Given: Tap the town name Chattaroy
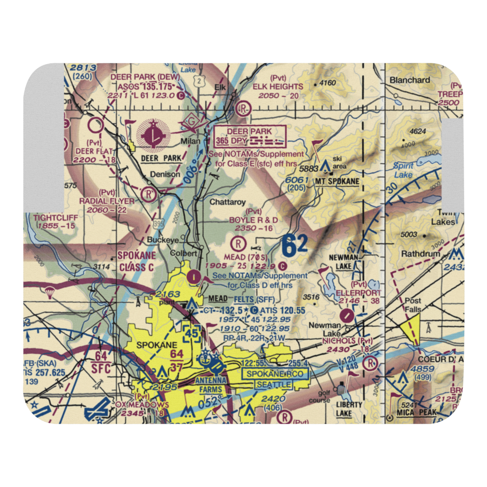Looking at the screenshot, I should click(x=226, y=201).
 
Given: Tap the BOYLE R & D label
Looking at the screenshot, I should click(x=253, y=220).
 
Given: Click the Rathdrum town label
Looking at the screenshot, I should click(x=420, y=254).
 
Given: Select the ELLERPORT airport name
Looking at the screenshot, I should click(x=359, y=293).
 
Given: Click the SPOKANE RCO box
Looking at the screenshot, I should click(x=275, y=374).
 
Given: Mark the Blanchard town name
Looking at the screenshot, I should click(x=410, y=80).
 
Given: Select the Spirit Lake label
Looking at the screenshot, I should click(x=403, y=170).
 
